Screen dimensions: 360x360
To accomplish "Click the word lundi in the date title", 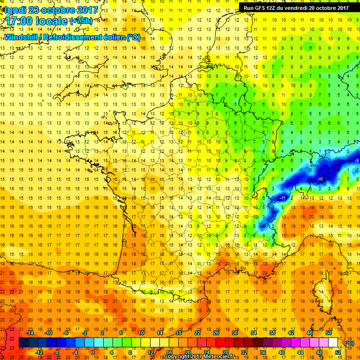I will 15,10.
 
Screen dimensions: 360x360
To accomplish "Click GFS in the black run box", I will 261,7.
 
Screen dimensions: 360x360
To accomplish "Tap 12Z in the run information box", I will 274,7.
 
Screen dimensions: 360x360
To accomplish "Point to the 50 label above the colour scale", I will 328,333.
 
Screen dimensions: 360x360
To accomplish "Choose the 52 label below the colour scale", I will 338,352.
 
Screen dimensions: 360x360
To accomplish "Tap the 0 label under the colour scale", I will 92,352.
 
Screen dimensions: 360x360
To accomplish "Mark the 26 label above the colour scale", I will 216,333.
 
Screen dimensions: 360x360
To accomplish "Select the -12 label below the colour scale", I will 39,352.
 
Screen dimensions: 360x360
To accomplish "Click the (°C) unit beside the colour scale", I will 349,343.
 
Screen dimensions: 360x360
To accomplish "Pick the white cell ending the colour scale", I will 333,343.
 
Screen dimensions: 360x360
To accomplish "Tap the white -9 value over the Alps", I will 356,161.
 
